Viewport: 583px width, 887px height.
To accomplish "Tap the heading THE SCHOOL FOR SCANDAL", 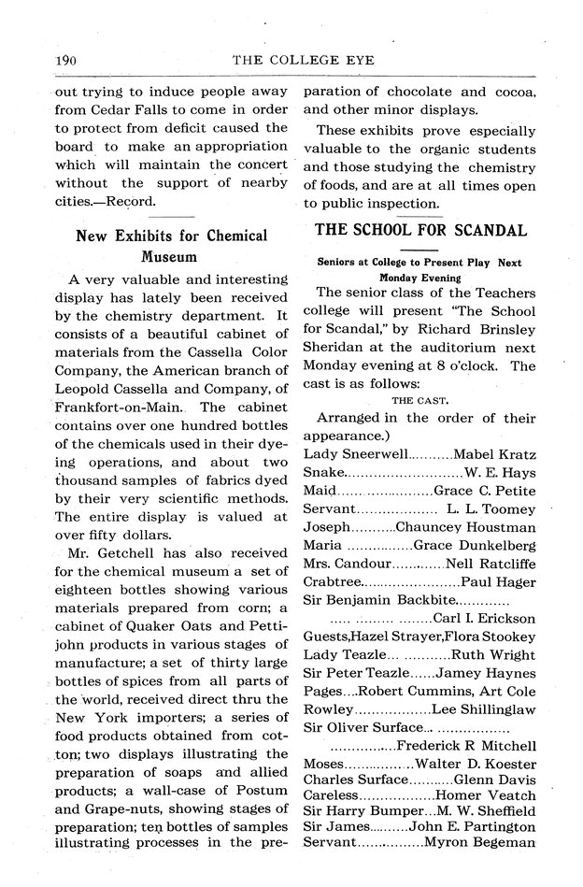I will [x=420, y=230].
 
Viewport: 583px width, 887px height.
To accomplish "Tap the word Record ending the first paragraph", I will [x=131, y=201].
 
